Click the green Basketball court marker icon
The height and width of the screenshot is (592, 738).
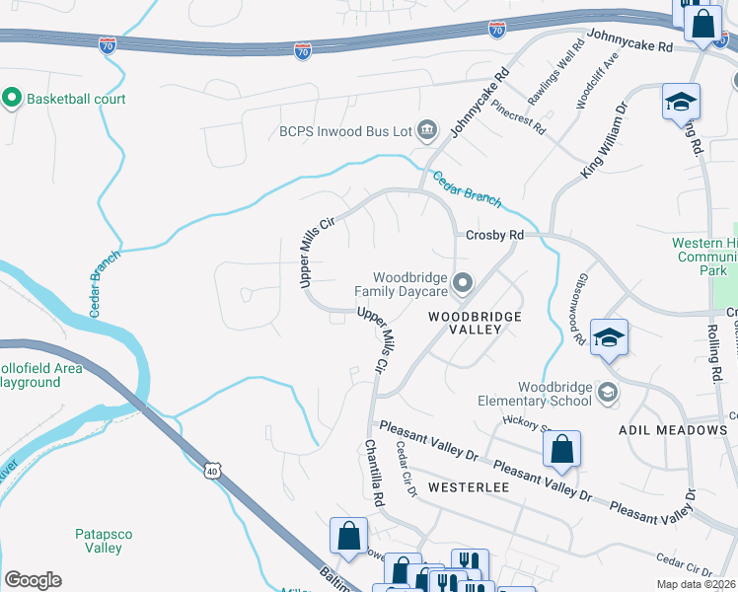(13, 99)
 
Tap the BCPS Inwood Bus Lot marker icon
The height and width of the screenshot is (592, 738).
(427, 129)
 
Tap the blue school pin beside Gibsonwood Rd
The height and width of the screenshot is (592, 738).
(610, 337)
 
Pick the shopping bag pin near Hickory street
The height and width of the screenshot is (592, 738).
(561, 449)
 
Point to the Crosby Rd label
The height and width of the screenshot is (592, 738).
(494, 236)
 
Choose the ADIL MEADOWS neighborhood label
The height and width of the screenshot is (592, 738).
(672, 431)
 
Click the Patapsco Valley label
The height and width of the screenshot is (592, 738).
(104, 541)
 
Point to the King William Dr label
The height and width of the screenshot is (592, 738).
(605, 143)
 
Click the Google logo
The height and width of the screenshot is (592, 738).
(33, 580)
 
